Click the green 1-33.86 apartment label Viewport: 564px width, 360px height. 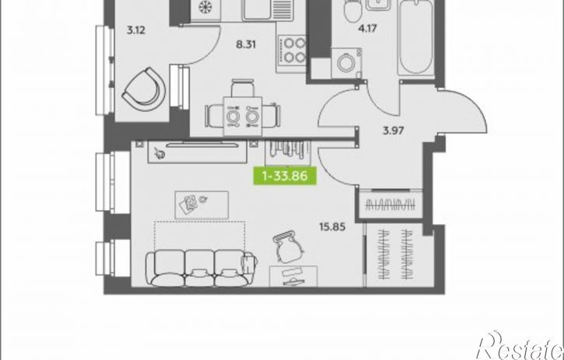click(x=285, y=176)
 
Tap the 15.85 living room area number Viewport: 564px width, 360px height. click(x=332, y=227)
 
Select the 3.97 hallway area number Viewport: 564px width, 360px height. click(x=393, y=131)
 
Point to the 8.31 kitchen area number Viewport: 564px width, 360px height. click(x=246, y=44)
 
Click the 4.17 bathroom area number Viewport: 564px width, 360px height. click(x=368, y=28)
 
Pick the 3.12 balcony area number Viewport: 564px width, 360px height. click(x=136, y=30)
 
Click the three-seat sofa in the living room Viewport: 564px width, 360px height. click(x=201, y=268)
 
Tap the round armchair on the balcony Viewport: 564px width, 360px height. click(x=144, y=89)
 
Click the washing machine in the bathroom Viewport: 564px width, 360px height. click(x=346, y=63)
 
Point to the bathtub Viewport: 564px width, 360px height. click(x=416, y=38)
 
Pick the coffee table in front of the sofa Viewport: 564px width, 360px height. click(x=201, y=205)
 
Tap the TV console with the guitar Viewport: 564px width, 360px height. click(x=197, y=152)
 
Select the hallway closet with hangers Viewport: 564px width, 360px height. click(x=391, y=204)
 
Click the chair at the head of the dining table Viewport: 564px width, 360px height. click(x=243, y=89)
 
